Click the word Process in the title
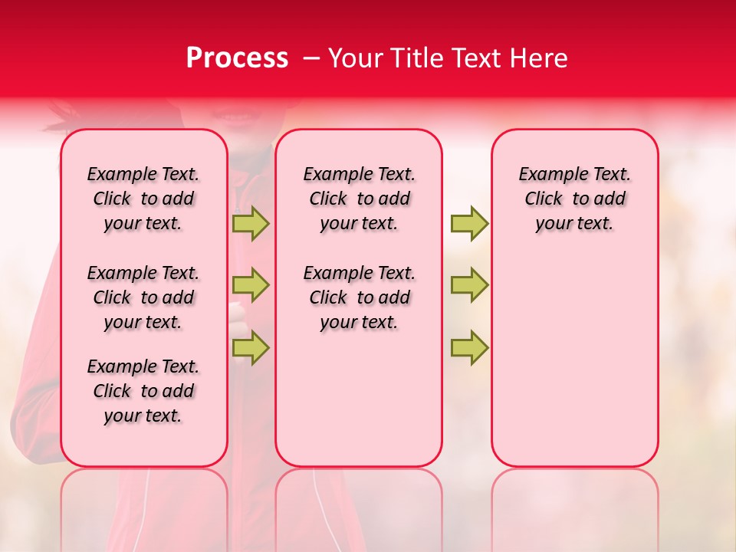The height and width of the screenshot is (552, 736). pos(237,58)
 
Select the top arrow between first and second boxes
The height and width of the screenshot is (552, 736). pos(251,223)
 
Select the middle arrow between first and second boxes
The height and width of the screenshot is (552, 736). pos(251,285)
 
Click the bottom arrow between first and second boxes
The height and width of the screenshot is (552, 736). pos(251,347)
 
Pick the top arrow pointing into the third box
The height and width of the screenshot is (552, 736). pos(469,223)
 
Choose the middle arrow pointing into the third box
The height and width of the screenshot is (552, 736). pos(469,285)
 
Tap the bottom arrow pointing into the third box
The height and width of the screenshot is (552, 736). pos(469,347)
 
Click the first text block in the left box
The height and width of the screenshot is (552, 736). pos(143,199)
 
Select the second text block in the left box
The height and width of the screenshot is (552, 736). pos(143,297)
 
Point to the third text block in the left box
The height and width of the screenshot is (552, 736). pos(143,391)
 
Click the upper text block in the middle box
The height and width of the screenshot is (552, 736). pos(359,199)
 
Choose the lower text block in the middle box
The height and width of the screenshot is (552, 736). pos(359,297)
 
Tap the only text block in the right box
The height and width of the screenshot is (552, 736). pos(574,199)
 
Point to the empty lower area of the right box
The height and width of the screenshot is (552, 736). pos(574,360)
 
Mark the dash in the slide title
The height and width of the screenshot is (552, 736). pos(312,58)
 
